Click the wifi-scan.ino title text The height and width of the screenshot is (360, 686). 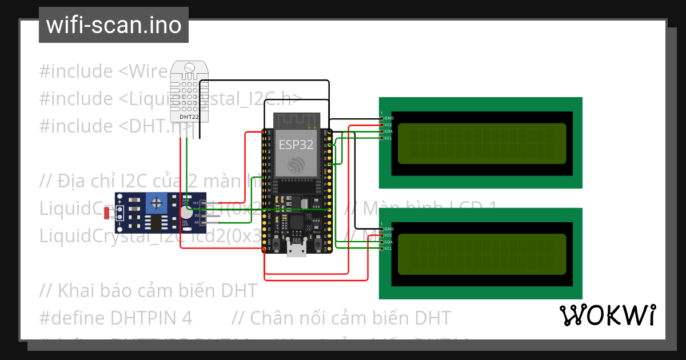coord(113,25)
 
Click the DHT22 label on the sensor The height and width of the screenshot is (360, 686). coord(189,117)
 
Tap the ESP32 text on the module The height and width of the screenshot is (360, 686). coord(296,145)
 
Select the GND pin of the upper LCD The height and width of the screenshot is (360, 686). coord(382,118)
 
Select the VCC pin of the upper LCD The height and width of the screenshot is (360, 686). coord(382,125)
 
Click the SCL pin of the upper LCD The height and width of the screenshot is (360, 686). coord(382,138)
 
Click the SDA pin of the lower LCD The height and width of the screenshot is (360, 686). coord(382,242)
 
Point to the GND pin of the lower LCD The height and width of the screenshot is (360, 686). coord(382,229)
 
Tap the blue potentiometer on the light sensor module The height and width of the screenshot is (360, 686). coord(155,202)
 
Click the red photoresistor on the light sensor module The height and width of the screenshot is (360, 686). coord(107,213)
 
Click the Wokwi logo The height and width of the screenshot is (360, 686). coord(607,315)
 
